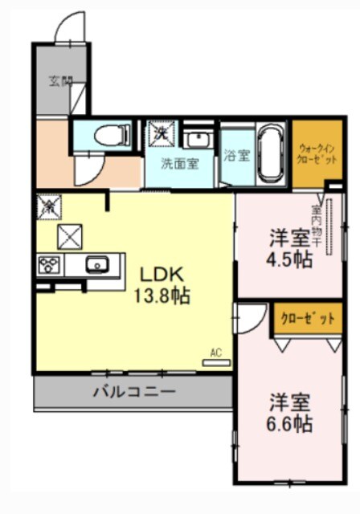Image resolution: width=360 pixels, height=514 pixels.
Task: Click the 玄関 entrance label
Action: pyautogui.click(x=59, y=80)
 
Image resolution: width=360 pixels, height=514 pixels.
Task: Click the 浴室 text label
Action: pyautogui.click(x=236, y=155)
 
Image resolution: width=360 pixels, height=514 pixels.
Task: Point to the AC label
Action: pyautogui.click(x=215, y=351)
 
